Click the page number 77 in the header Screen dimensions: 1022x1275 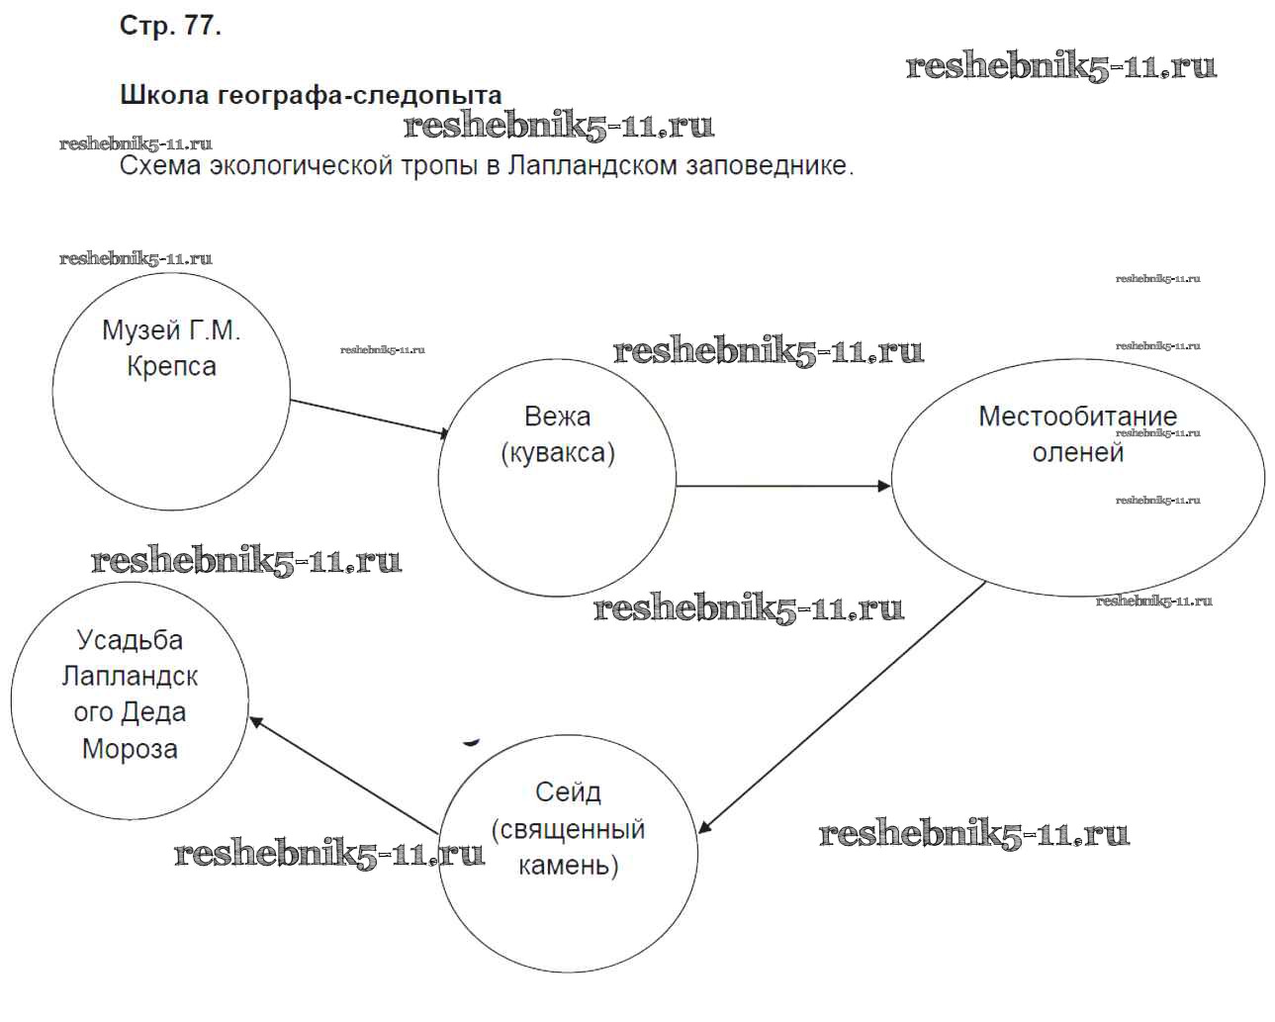201,27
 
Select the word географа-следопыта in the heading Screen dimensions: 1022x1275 360,96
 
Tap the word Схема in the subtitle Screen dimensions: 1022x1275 161,165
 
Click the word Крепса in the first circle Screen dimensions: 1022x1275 171,366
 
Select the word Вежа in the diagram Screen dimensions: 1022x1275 557,417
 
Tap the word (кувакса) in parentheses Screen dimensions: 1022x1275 557,453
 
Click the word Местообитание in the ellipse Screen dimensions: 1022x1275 1077,417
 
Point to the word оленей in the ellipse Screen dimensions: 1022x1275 1077,453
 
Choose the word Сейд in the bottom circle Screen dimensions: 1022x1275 568,791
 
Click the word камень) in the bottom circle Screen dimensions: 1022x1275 568,866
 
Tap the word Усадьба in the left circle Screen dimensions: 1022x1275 130,640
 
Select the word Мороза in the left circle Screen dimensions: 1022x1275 130,749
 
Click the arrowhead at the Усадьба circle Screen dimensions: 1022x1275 256,722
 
